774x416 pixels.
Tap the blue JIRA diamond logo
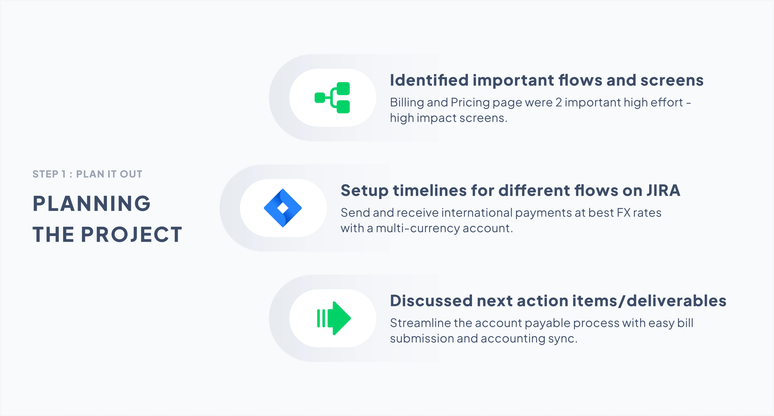pyautogui.click(x=283, y=208)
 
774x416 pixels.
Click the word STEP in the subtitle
pyautogui.click(x=45, y=174)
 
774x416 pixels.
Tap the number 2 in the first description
pyautogui.click(x=559, y=102)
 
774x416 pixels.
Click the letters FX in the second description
pyautogui.click(x=623, y=213)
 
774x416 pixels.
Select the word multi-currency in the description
pyautogui.click(x=417, y=228)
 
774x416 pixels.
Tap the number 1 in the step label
pyautogui.click(x=63, y=174)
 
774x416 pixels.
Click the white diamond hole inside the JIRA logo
pyautogui.click(x=283, y=208)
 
